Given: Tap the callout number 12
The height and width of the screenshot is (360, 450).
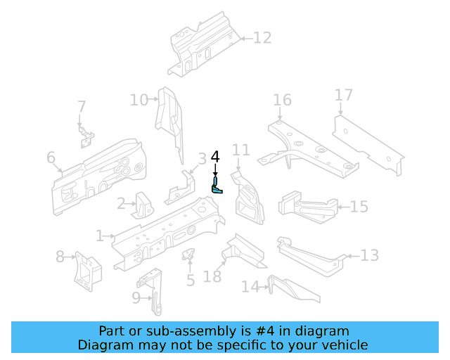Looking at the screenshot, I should pyautogui.click(x=262, y=38).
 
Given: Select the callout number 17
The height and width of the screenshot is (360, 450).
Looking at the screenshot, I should pyautogui.click(x=343, y=95).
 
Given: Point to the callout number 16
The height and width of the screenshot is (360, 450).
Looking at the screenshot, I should pyautogui.click(x=282, y=100).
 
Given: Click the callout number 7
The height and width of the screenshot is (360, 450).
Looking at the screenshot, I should pyautogui.click(x=82, y=107).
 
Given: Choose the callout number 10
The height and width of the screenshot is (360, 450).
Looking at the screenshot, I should pyautogui.click(x=139, y=100).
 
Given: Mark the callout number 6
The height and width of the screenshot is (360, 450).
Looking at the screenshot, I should pyautogui.click(x=51, y=157).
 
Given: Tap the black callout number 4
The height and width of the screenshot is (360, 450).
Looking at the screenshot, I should pyautogui.click(x=215, y=156).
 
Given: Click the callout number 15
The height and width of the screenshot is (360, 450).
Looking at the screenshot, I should pyautogui.click(x=359, y=207).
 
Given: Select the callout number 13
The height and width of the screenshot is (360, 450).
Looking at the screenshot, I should pyautogui.click(x=369, y=255).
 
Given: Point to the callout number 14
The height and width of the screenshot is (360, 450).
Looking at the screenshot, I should pyautogui.click(x=250, y=287).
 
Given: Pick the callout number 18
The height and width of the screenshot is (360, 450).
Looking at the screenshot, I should pyautogui.click(x=212, y=276).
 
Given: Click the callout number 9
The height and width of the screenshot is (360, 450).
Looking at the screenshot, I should pyautogui.click(x=136, y=298).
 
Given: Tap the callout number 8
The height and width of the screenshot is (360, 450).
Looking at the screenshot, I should pyautogui.click(x=60, y=257).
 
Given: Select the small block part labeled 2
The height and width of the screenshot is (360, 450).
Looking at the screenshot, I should pyautogui.click(x=143, y=204).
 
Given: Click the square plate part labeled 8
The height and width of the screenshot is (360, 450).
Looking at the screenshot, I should pyautogui.click(x=87, y=271).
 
